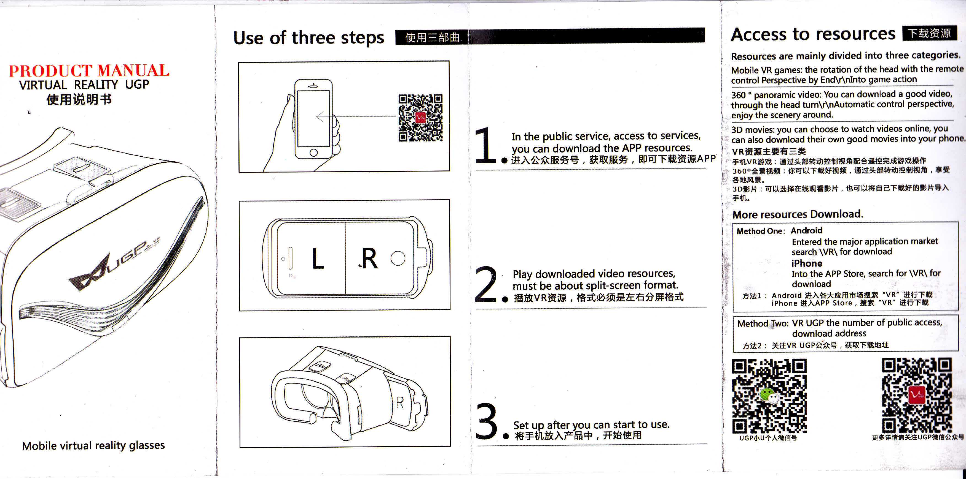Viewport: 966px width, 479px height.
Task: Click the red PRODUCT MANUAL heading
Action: (89, 70)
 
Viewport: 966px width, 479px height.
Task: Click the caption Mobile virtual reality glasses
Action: (93, 445)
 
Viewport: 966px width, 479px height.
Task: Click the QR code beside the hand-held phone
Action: (420, 118)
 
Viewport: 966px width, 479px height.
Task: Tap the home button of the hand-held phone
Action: (313, 153)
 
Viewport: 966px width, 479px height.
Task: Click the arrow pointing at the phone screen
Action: (356, 117)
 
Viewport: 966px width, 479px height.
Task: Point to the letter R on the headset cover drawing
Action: (400, 402)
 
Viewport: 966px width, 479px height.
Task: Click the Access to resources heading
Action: (813, 34)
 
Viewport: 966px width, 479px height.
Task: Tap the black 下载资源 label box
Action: (930, 33)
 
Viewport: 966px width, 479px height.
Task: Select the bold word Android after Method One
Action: (806, 230)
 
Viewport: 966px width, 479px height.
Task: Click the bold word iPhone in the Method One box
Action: (807, 263)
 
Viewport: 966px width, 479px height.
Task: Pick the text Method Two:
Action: (763, 323)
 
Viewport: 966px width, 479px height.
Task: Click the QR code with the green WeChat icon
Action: (769, 396)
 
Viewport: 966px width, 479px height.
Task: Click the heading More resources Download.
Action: (798, 214)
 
